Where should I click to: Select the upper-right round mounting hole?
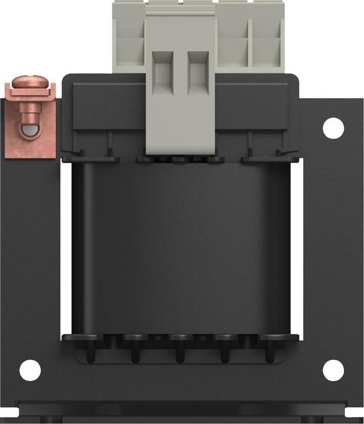pyautogui.click(x=333, y=127)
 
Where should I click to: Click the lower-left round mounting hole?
pyautogui.click(x=29, y=370)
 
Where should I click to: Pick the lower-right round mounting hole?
pyautogui.click(x=333, y=369)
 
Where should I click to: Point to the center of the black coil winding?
pyautogui.click(x=183, y=247)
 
